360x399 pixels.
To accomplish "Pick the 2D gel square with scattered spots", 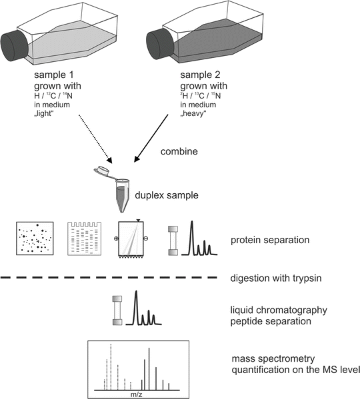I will [x=35, y=241].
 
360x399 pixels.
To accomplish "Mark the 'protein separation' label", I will [x=273, y=238].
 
